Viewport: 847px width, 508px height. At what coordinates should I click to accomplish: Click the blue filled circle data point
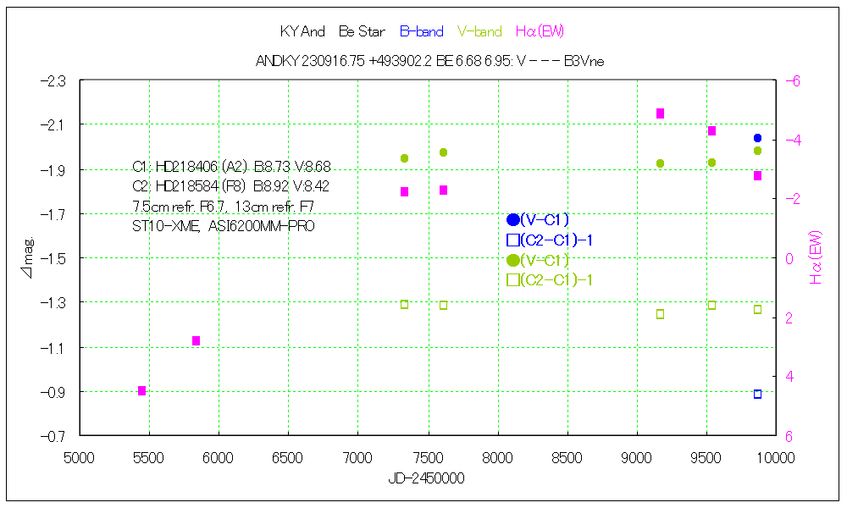tap(757, 138)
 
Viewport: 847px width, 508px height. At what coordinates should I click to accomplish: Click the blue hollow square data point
tap(757, 395)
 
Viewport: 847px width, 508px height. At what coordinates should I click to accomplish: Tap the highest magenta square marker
tap(660, 113)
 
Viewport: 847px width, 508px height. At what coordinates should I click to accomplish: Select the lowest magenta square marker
tap(141, 390)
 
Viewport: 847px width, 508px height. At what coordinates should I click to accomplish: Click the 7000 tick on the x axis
tap(357, 458)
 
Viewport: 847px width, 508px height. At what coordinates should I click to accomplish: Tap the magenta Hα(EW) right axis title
tap(817, 257)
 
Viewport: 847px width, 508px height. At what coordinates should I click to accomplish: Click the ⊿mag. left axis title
tap(28, 258)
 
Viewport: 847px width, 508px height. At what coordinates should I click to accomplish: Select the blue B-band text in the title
tap(421, 32)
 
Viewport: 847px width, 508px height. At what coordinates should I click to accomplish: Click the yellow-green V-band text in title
tap(479, 32)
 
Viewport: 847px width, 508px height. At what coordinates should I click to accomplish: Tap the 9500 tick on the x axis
tap(706, 458)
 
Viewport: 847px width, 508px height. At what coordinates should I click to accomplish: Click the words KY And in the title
tap(302, 32)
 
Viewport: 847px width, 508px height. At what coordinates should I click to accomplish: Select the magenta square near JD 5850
tap(196, 340)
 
